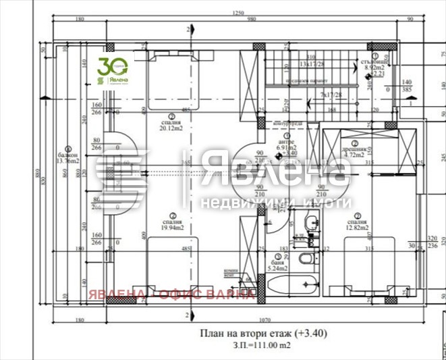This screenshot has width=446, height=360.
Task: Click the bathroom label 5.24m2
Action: click(x=278, y=268)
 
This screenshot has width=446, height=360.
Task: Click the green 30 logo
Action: click(x=111, y=69)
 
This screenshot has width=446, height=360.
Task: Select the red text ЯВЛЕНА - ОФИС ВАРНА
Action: click(x=172, y=294)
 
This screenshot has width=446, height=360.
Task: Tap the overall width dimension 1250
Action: click(x=237, y=12)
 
